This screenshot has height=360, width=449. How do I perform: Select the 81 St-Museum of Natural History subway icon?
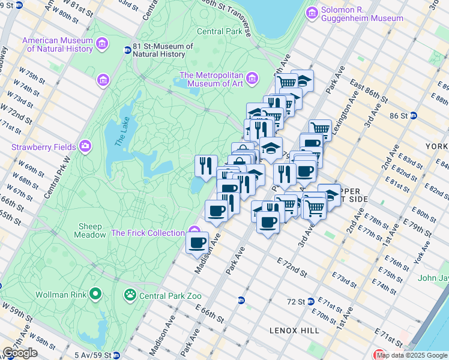127,50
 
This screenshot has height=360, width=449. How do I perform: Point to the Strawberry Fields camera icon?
85,146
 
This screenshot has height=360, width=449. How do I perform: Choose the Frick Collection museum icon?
194,231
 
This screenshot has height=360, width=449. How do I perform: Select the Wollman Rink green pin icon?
95,294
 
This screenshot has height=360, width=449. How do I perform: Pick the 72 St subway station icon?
310,301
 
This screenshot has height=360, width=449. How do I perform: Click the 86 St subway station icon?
414,116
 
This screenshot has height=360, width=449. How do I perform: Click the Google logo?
20,352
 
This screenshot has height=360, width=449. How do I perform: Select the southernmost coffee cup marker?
197,243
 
